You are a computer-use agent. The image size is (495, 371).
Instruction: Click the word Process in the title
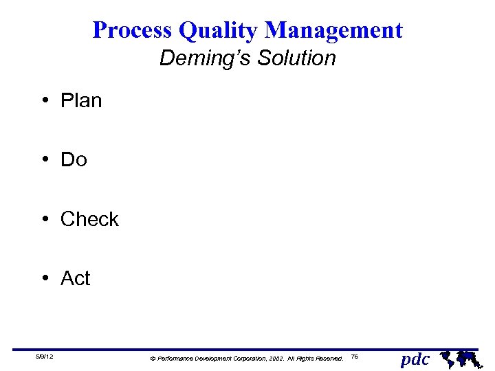click(132, 30)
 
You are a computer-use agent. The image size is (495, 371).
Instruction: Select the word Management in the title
click(333, 30)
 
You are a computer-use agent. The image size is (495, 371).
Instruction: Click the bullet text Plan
click(81, 101)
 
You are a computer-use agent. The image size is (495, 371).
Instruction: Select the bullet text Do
click(74, 160)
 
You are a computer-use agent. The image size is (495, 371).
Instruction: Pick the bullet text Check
click(89, 219)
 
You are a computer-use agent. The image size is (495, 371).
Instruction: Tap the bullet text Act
click(75, 278)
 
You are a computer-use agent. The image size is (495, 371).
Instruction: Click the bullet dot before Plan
click(43, 101)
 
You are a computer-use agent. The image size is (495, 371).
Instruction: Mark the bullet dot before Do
click(43, 160)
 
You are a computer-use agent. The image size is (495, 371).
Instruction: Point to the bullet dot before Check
click(43, 219)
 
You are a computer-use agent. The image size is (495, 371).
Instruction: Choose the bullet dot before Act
click(43, 278)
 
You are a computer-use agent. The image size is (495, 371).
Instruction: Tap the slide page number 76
click(354, 357)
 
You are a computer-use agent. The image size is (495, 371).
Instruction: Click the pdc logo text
click(415, 359)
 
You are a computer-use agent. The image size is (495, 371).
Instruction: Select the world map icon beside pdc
click(459, 357)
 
